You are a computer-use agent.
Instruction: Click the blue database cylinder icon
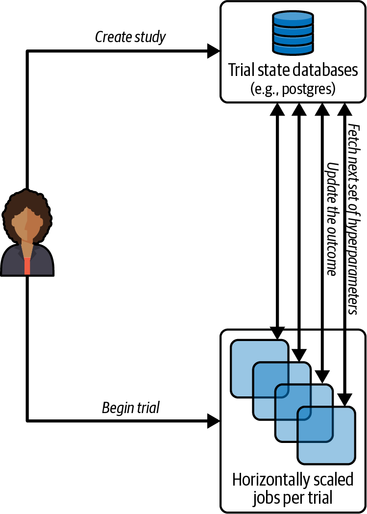tap(293, 33)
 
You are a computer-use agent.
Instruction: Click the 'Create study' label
tap(130, 37)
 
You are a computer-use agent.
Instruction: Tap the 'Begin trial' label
tap(130, 407)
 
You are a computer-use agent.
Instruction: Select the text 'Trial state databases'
tap(293, 70)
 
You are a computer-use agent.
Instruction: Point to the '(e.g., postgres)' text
tap(293, 90)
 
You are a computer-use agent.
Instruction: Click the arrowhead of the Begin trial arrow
tap(214, 420)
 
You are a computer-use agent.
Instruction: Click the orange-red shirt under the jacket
tap(27, 265)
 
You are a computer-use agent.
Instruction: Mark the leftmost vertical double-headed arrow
tap(278, 220)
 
